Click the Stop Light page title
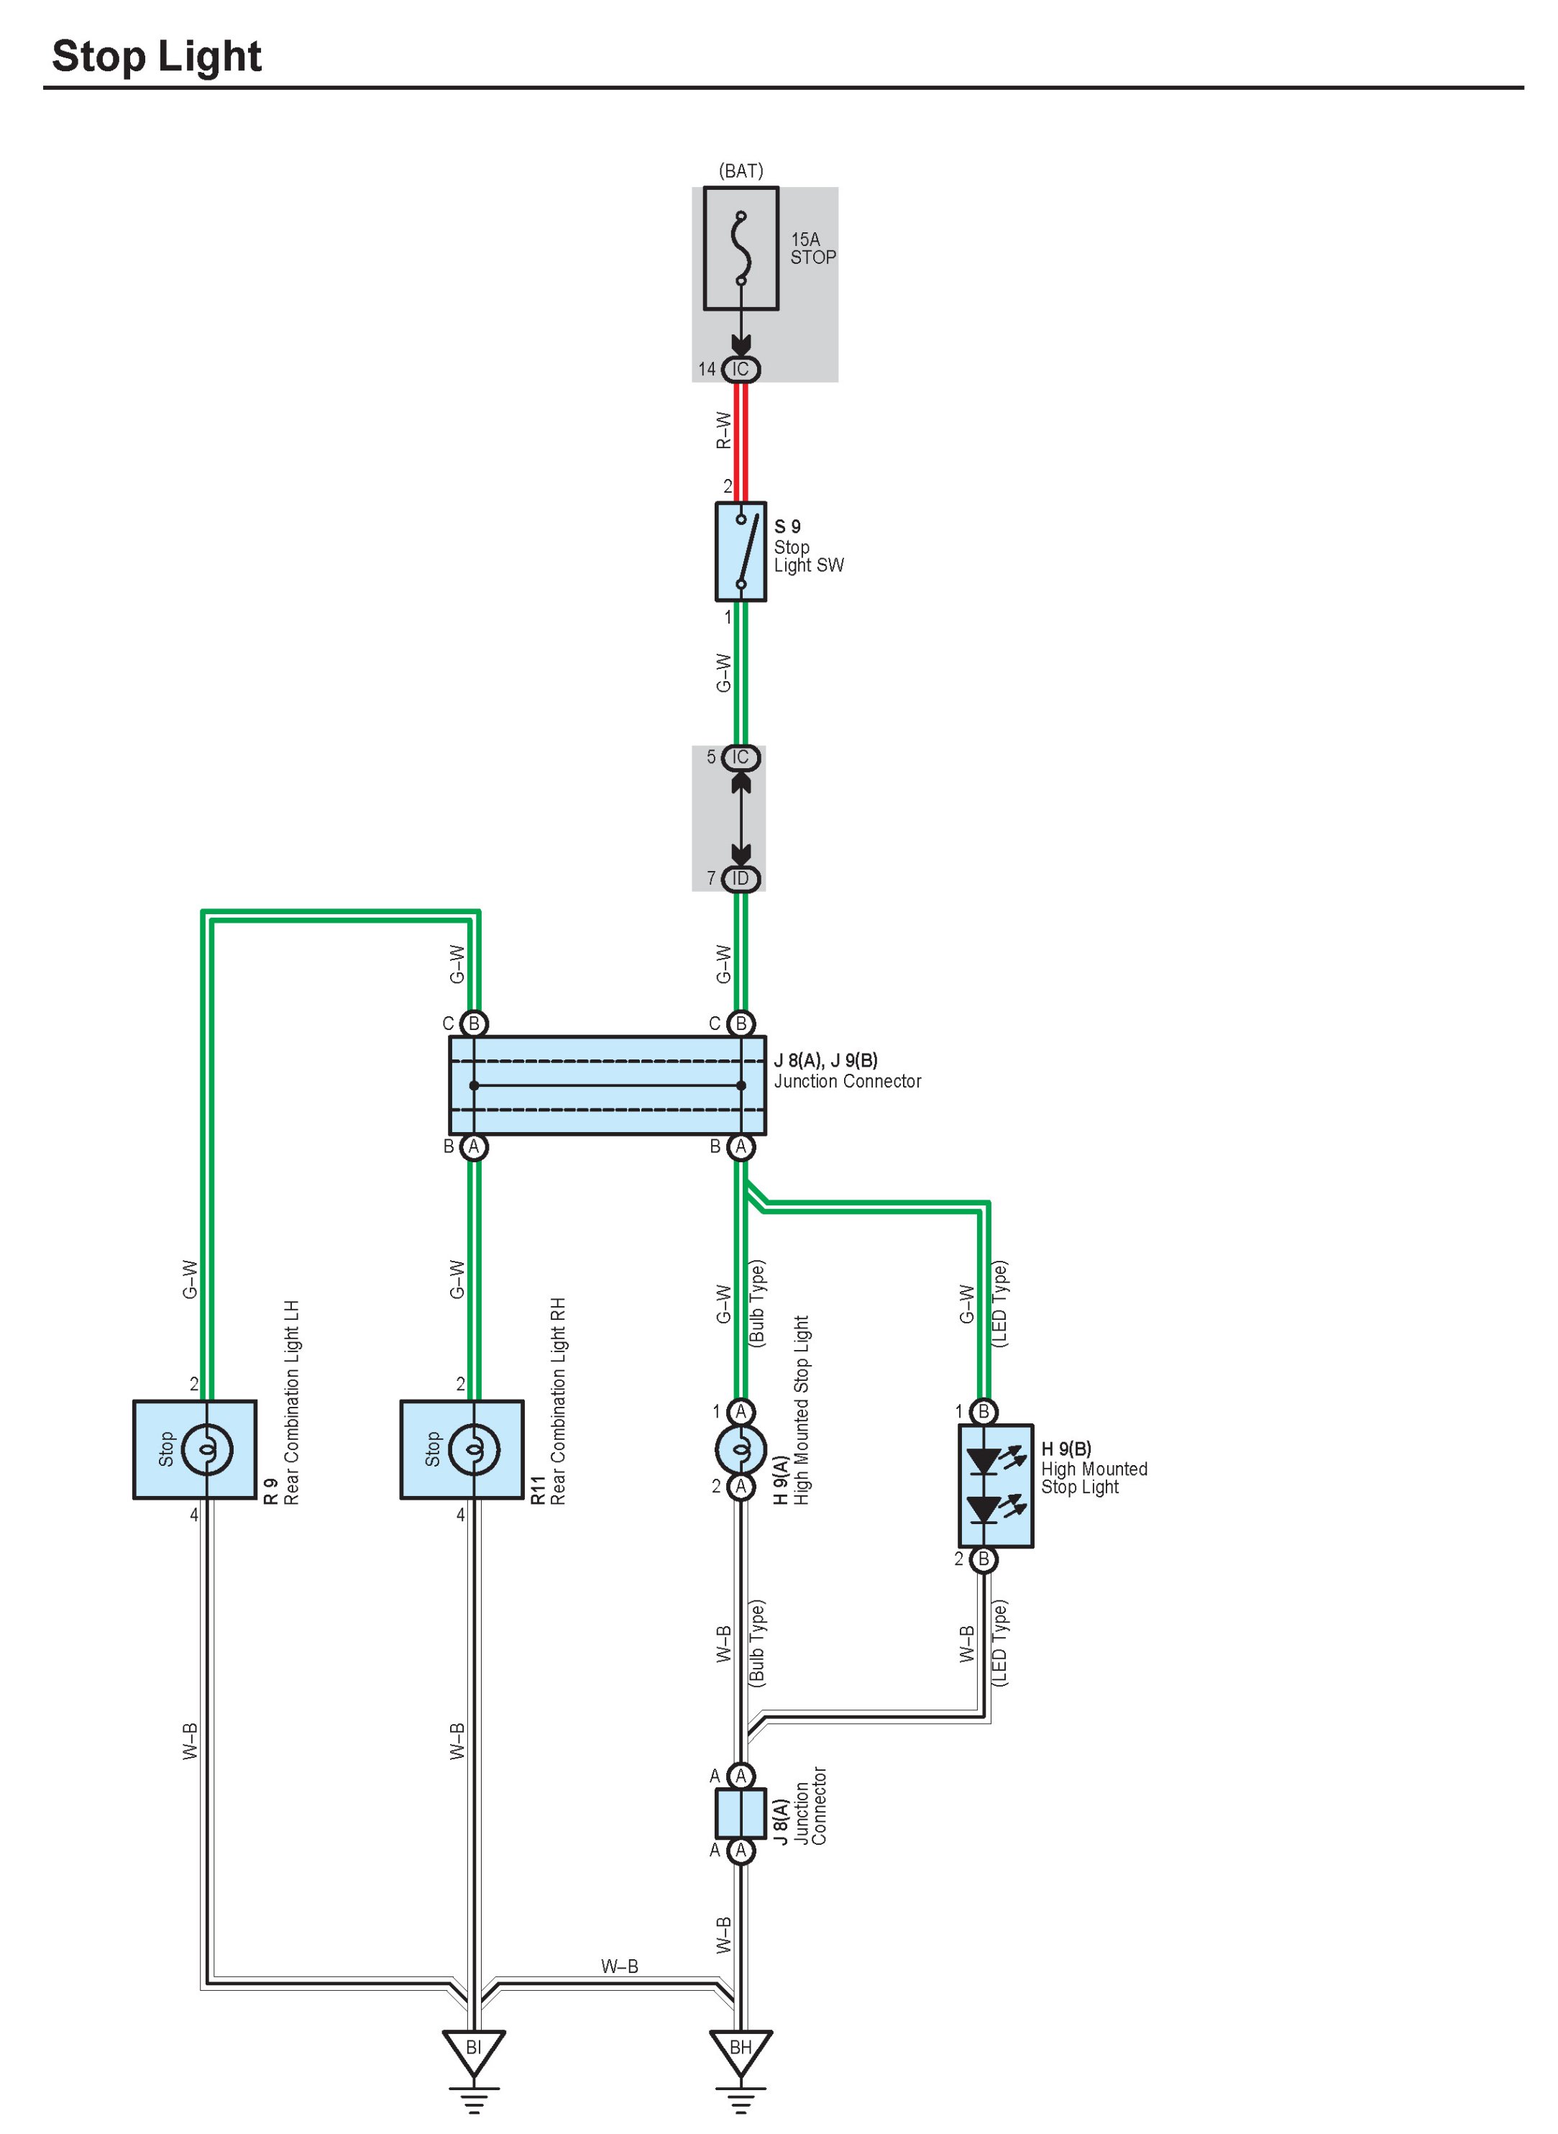tap(157, 57)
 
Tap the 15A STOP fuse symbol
tap(741, 248)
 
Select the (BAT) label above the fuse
tap(741, 170)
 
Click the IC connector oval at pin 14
tap(741, 369)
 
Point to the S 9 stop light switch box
tap(741, 552)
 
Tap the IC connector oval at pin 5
tap(741, 757)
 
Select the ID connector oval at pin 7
tap(741, 878)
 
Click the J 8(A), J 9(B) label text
tap(825, 1060)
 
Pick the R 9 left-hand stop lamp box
tap(194, 1449)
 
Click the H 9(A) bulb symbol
tap(741, 1448)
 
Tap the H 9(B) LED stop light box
tap(995, 1485)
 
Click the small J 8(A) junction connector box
tap(741, 1812)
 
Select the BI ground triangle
tap(473, 2050)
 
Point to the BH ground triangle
tap(741, 2050)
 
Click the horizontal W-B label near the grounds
tap(620, 1966)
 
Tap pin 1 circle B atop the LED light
tap(984, 1411)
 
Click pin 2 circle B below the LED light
tap(984, 1559)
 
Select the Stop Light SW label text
tap(808, 556)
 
